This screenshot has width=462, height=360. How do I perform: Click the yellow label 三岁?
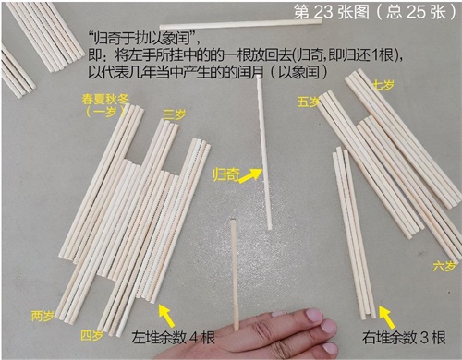[175, 115]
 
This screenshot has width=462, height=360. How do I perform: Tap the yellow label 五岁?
[309, 102]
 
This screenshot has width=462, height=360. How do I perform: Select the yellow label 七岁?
[383, 84]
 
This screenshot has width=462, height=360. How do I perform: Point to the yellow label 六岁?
[444, 266]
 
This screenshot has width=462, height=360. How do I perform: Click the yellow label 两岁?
[43, 316]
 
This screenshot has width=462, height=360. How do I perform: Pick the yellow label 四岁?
[91, 335]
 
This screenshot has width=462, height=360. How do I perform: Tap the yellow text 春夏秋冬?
[105, 100]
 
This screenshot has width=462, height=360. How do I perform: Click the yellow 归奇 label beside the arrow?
[226, 175]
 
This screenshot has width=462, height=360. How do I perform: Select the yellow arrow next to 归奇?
[250, 176]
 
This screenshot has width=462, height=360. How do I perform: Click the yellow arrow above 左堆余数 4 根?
[166, 316]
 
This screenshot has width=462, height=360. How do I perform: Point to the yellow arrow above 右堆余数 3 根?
[387, 317]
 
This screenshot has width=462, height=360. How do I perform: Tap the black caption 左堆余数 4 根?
[173, 337]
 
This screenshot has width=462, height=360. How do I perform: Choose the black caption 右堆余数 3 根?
[404, 337]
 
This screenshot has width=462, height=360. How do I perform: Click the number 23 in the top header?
[323, 12]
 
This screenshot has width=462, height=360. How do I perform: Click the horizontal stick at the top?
[241, 24]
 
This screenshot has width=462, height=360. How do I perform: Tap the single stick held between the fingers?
[235, 275]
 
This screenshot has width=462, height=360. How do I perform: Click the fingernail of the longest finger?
[314, 315]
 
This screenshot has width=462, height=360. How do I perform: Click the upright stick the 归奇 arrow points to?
[264, 153]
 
